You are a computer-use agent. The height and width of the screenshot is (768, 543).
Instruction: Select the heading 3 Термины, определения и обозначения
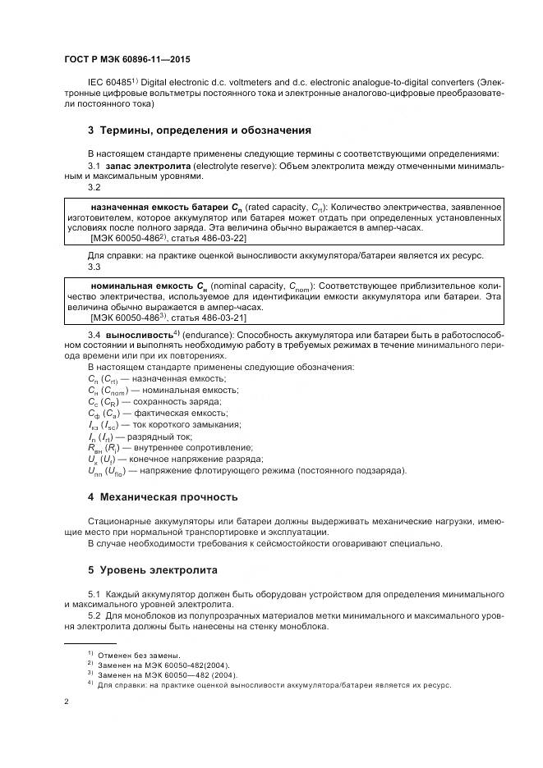(200, 130)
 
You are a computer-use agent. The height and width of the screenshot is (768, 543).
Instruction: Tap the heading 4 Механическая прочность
(163, 496)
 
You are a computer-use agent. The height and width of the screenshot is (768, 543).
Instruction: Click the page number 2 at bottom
(67, 702)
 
